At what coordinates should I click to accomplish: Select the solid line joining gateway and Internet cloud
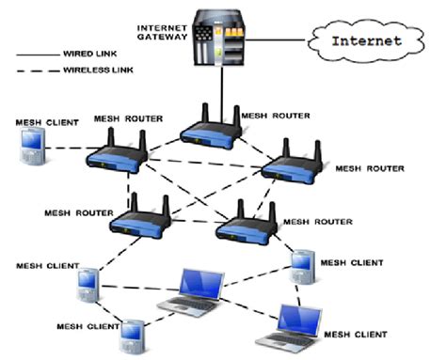(x=279, y=40)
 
